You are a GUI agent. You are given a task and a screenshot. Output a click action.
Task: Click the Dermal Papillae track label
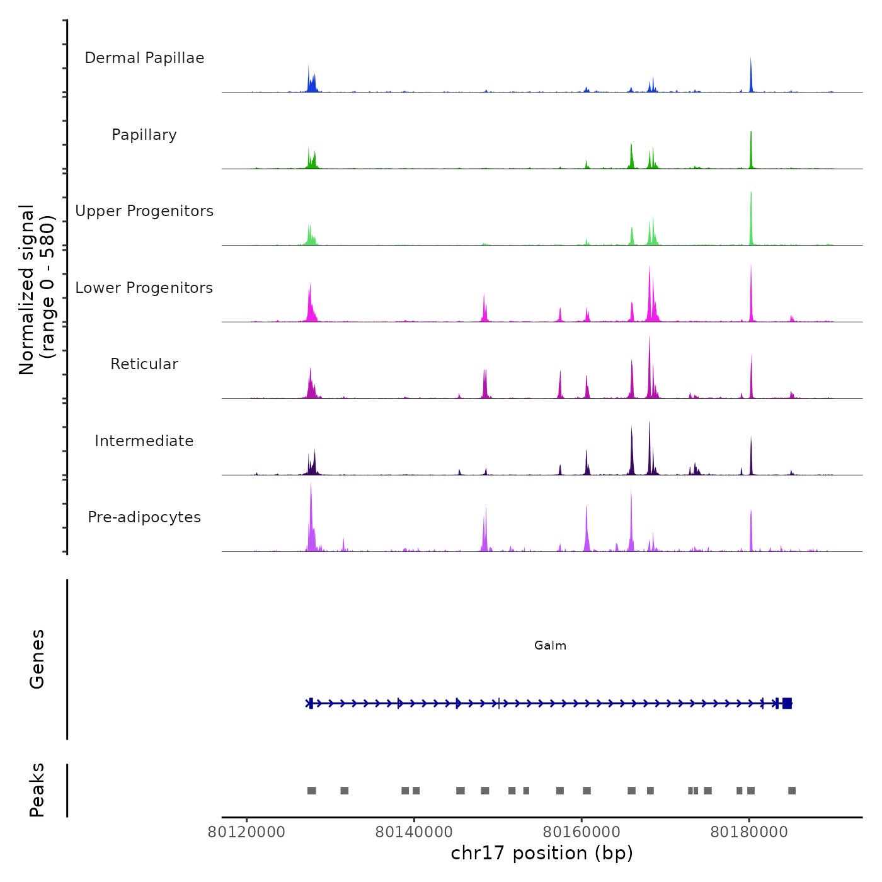[144, 58]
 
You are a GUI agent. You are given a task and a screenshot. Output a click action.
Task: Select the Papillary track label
[144, 135]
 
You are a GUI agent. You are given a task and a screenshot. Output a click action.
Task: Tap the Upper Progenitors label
[144, 211]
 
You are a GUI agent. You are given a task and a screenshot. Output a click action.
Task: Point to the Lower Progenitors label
[144, 288]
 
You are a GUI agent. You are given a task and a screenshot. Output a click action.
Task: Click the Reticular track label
[144, 364]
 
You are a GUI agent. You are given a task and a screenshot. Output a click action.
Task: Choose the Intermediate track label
[144, 441]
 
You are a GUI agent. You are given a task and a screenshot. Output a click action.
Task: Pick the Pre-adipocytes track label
[144, 517]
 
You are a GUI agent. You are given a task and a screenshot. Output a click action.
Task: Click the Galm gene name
[550, 646]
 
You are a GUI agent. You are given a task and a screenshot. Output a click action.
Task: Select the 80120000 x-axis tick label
[246, 832]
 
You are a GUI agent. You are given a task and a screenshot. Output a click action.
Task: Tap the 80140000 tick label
[414, 832]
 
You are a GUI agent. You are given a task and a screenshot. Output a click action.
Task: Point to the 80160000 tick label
[581, 832]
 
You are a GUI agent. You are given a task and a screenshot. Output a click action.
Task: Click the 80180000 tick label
[749, 832]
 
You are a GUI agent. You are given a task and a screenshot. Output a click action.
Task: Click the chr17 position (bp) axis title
[542, 853]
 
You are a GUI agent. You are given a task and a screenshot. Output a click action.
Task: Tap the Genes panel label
[37, 659]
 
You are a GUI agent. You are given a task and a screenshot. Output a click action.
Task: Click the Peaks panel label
[37, 790]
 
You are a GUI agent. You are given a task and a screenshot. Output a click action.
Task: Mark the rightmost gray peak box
[792, 791]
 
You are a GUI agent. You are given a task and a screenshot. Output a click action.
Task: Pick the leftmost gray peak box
[311, 791]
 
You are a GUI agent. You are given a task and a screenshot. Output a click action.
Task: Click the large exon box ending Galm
[787, 703]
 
